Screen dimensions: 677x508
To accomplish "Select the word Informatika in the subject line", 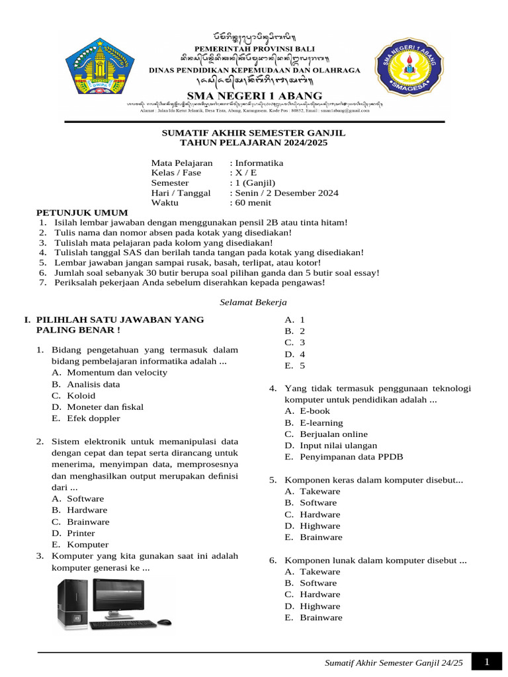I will pyautogui.click(x=258, y=163).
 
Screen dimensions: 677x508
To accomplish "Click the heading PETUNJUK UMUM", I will pyautogui.click(x=81, y=213).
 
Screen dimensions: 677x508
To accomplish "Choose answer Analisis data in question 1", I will pyautogui.click(x=93, y=384).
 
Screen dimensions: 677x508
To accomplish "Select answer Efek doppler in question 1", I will pyautogui.click(x=93, y=418).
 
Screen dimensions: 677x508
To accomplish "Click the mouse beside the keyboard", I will pyautogui.click(x=165, y=622).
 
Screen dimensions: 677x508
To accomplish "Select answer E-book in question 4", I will pyautogui.click(x=314, y=411).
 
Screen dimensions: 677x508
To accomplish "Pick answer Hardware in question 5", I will pyautogui.click(x=320, y=514).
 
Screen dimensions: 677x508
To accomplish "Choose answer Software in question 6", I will pyautogui.click(x=318, y=583).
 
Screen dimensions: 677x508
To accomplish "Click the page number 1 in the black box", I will pyautogui.click(x=486, y=662).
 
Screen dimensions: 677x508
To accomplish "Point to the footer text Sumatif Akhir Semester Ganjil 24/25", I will pyautogui.click(x=394, y=663).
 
